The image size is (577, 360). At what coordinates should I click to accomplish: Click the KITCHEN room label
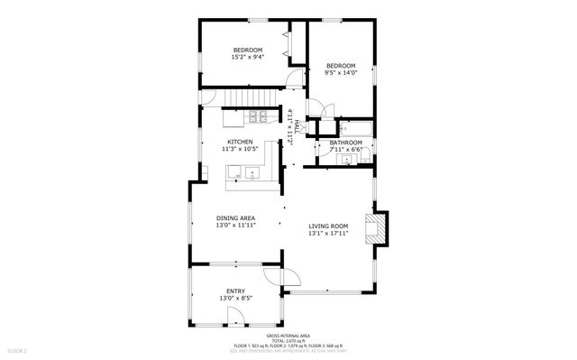point(240,142)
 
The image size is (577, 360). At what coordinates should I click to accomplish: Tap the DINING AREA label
point(235,217)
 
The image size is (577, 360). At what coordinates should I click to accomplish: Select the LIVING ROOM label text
point(328,226)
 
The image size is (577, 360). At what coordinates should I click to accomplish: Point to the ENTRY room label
point(235,291)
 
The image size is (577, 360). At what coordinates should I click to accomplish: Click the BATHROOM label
point(346,143)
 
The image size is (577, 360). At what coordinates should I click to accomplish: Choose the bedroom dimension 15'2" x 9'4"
point(247,57)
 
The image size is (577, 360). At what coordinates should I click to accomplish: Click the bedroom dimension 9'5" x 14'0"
point(341,73)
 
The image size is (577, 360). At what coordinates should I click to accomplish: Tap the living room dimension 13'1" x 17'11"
point(328,234)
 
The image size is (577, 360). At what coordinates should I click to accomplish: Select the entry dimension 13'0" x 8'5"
point(235,298)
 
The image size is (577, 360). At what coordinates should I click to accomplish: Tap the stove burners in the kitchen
point(257,115)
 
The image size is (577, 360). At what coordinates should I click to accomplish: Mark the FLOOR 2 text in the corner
point(18,350)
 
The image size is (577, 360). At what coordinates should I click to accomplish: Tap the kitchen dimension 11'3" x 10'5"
point(240,149)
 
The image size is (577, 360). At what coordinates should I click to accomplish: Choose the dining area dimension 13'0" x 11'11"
point(235,225)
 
